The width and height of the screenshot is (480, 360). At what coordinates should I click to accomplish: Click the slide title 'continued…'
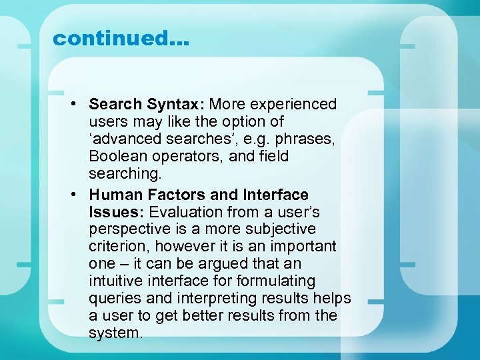(x=121, y=39)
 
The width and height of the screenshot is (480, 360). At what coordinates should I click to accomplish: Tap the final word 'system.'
(x=115, y=333)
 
